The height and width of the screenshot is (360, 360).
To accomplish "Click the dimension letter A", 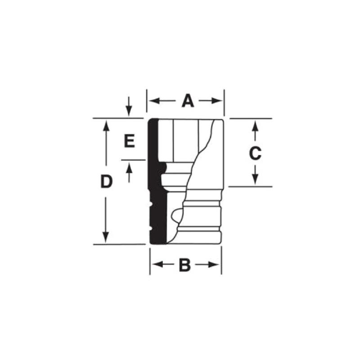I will [x=188, y=101].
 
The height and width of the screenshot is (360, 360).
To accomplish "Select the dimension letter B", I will [x=184, y=265].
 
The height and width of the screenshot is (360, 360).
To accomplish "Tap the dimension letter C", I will [x=255, y=153].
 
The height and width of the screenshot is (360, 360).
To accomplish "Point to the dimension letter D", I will [x=106, y=182].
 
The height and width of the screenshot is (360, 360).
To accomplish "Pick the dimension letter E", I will [x=129, y=142].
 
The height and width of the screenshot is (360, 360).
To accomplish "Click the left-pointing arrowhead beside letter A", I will [x=152, y=101].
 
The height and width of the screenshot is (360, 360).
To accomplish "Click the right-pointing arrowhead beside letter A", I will [x=219, y=101].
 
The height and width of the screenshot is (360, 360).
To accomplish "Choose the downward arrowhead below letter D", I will [x=106, y=238].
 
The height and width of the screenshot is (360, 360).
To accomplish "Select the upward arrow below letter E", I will [x=129, y=169].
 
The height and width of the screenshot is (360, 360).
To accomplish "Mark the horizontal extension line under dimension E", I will [x=133, y=160].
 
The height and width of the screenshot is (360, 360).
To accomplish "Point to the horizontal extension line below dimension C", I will [x=252, y=186].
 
